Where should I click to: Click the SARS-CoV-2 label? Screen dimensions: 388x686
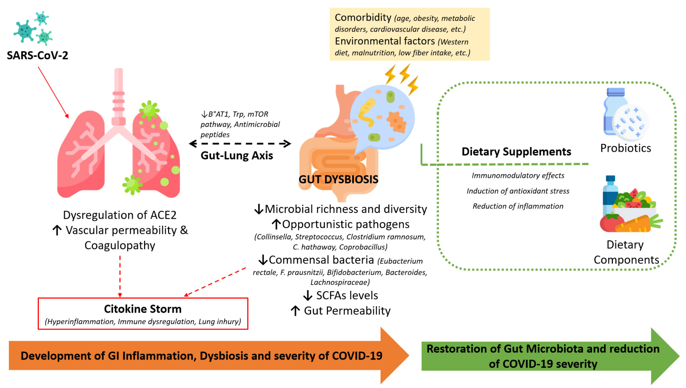37,55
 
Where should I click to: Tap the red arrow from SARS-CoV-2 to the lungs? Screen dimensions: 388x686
53,92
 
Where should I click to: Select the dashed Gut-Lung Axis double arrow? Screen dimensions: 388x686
240,144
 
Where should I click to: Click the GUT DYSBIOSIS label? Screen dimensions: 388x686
338,179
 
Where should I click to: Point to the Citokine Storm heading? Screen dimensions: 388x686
143,309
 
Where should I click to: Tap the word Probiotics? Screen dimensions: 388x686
625,148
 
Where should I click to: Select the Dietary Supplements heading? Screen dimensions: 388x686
516,151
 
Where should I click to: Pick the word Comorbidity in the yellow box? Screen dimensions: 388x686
363,18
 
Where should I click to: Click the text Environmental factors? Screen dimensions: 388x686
385,41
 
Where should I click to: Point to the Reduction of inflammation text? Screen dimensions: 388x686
518,206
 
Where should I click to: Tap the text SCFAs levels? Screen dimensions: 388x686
347,295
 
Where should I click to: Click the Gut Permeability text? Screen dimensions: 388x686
347,311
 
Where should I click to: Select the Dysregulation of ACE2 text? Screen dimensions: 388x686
120,215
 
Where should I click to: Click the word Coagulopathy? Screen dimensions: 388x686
120,245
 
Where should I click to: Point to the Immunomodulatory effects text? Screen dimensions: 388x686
518,175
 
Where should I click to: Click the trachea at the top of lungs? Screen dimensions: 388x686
119,96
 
